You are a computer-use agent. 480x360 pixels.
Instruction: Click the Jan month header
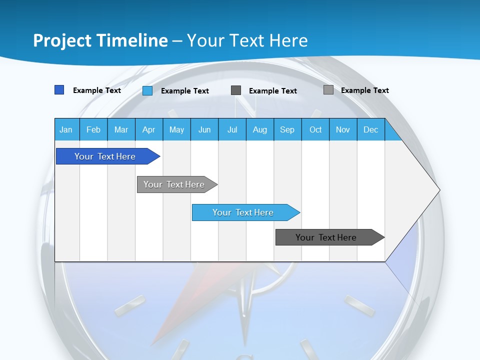pyautogui.click(x=66, y=129)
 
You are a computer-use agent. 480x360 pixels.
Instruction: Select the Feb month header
pyautogui.click(x=93, y=129)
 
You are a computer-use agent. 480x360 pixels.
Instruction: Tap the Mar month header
pyautogui.click(x=121, y=129)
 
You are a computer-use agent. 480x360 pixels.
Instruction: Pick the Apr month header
pyautogui.click(x=149, y=129)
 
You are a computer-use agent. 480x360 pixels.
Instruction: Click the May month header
pyautogui.click(x=176, y=129)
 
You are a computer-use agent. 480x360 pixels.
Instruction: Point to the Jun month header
pyautogui.click(x=204, y=129)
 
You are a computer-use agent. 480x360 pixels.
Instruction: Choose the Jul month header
pyautogui.click(x=232, y=129)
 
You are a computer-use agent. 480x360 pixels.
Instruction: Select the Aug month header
pyautogui.click(x=260, y=129)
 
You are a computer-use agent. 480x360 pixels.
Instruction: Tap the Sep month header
pyautogui.click(x=287, y=129)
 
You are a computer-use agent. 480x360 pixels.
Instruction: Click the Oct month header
pyautogui.click(x=315, y=129)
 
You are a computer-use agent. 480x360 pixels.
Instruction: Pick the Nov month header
pyautogui.click(x=343, y=129)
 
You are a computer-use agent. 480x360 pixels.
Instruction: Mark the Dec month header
pyautogui.click(x=371, y=129)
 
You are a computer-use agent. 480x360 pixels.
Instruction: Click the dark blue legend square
pyautogui.click(x=59, y=90)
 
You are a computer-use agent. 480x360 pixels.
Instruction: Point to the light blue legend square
pyautogui.click(x=147, y=90)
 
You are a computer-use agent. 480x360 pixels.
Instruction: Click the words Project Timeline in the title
pyautogui.click(x=100, y=40)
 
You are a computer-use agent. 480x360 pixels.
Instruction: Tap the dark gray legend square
pyautogui.click(x=236, y=90)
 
